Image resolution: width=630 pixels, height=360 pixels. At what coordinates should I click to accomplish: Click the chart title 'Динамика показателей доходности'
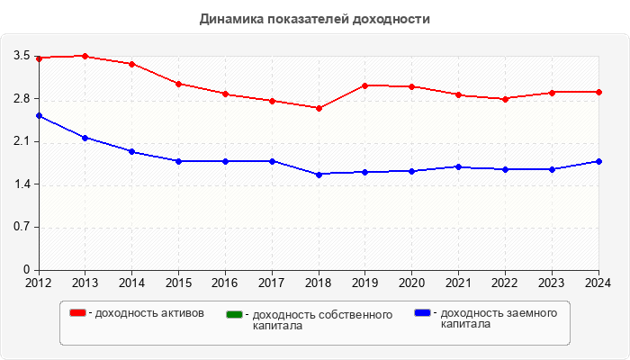click(314, 19)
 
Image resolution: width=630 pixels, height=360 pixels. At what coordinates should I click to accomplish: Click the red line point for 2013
click(85, 56)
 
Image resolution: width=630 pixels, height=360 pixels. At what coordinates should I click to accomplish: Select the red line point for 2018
click(319, 108)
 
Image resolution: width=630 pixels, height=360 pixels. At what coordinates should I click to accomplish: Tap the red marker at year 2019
click(365, 85)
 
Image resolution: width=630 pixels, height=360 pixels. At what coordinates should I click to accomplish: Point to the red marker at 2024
click(598, 92)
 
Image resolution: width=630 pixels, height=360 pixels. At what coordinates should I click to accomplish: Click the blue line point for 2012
click(39, 116)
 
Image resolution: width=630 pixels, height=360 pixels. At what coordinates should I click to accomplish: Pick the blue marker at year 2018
click(319, 174)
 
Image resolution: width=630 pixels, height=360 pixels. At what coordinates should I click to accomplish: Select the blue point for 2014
click(131, 151)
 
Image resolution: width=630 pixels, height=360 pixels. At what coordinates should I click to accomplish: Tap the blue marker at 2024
click(598, 161)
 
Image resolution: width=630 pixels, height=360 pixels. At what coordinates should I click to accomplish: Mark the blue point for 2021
click(459, 166)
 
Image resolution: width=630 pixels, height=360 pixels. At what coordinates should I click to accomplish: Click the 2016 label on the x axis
click(225, 283)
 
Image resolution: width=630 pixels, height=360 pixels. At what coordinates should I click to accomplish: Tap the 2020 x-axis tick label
click(412, 283)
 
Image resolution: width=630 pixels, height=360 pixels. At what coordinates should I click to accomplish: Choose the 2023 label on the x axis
click(552, 283)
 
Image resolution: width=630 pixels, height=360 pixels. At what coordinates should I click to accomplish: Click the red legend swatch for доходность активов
click(78, 313)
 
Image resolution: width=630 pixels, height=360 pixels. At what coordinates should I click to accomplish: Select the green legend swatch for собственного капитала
click(235, 315)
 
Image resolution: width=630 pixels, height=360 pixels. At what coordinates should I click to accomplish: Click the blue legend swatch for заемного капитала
click(422, 313)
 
